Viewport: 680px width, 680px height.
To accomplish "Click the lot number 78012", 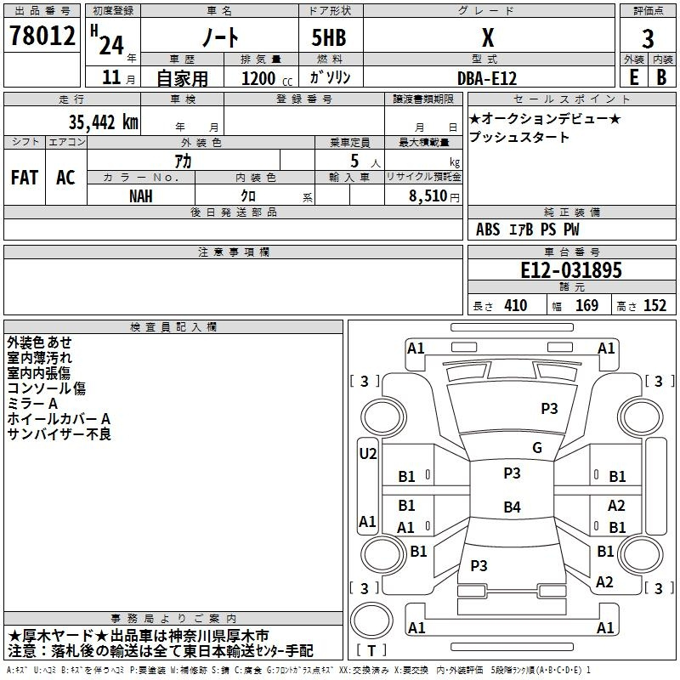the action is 42,36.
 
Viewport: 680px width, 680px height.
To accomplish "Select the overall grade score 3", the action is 648,39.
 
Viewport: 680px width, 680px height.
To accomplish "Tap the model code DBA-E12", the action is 487,78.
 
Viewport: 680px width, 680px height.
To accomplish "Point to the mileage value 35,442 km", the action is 103,122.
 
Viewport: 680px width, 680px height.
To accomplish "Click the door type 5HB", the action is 329,37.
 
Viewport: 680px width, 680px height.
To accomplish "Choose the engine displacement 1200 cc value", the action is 267,78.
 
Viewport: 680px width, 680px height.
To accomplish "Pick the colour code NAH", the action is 140,196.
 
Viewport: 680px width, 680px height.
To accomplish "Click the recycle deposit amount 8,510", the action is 428,195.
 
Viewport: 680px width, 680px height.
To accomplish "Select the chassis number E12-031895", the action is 570,270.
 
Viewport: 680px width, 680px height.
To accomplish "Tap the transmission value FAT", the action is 25,178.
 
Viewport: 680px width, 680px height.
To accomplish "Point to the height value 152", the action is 654,306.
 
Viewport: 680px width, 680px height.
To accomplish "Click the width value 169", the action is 586,306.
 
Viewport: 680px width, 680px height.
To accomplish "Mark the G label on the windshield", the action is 537,448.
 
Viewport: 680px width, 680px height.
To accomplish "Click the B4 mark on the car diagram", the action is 512,507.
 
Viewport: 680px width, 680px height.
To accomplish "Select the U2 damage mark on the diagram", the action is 368,454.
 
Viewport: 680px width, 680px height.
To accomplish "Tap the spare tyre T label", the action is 371,650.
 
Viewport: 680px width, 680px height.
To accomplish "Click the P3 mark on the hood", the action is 549,409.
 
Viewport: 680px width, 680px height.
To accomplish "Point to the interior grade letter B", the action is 661,77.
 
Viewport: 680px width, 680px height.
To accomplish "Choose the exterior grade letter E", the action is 633,77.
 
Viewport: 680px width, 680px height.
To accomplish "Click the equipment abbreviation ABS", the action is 488,229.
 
